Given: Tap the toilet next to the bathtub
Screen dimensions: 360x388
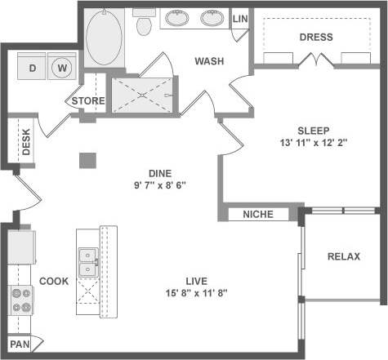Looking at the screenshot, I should point(145,26).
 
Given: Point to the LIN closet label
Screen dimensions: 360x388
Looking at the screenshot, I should point(240,19).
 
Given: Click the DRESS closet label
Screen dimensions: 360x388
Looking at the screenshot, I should point(315,37).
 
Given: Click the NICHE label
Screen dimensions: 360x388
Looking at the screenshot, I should point(258,215).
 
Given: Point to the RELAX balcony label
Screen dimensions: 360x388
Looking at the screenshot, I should point(343,256).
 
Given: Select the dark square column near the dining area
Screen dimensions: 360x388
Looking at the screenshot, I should point(87,160).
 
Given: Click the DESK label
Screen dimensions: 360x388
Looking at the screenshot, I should point(26,144).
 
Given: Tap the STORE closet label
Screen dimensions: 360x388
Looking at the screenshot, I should point(87,101).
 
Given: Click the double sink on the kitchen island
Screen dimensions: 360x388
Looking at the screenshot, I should point(87,261).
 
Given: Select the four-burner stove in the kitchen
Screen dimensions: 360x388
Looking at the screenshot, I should point(20,301).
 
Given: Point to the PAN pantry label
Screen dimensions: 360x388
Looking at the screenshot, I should point(20,344).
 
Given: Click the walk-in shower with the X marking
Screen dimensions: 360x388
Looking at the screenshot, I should point(143,95).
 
